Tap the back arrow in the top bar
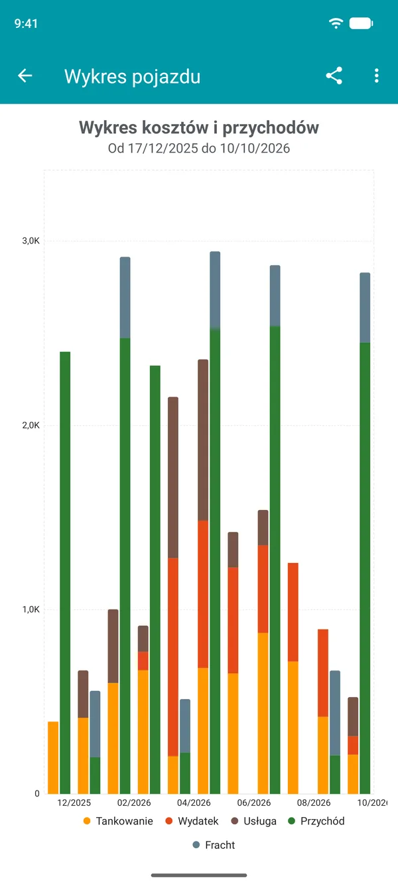[25, 76]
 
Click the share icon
[334, 76]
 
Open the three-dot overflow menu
[376, 76]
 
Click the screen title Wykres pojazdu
[132, 76]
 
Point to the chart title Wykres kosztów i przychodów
[199, 128]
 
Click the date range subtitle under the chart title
[199, 149]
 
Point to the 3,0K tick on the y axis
[31, 241]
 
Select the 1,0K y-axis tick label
[31, 609]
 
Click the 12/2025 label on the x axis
[74, 802]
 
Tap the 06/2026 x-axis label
[254, 802]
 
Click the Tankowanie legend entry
[118, 821]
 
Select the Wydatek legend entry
[192, 821]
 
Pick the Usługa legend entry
[253, 821]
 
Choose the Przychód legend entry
[316, 821]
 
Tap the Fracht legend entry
[214, 845]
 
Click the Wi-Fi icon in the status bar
[336, 23]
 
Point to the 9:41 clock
[26, 24]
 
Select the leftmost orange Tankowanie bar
[53, 757]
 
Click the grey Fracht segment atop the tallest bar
[215, 290]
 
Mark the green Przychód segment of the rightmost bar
[365, 568]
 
